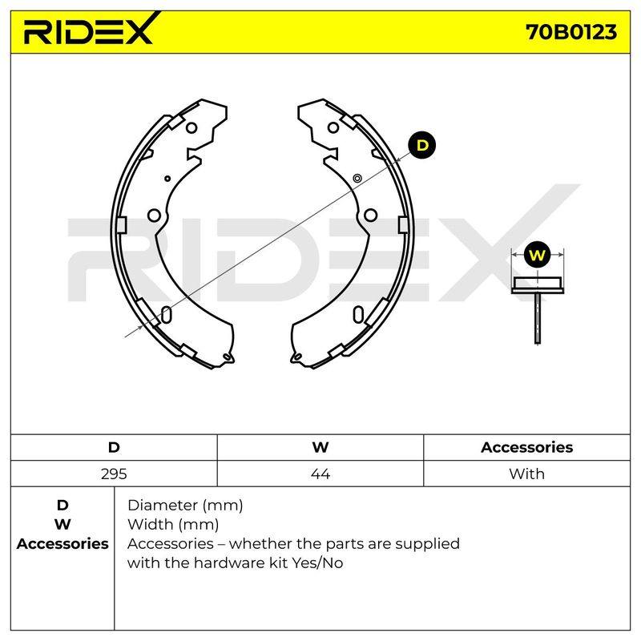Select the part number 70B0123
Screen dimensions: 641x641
click(570, 32)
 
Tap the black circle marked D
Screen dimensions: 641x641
click(422, 145)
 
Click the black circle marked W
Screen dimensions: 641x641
click(537, 255)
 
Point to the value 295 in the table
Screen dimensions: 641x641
click(114, 474)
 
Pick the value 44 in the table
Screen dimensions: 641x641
click(320, 474)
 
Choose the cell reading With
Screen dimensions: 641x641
click(526, 474)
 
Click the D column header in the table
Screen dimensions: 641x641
click(114, 447)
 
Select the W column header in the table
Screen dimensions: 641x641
click(320, 447)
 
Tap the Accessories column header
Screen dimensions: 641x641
click(526, 447)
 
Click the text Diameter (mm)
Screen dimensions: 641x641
click(185, 506)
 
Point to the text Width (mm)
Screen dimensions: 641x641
click(173, 525)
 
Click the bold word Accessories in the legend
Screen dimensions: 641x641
click(62, 544)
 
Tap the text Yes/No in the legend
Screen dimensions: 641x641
click(317, 563)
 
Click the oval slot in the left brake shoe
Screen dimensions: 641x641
click(166, 314)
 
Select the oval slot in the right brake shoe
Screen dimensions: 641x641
click(358, 314)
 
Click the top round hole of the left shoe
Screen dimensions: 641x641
click(191, 128)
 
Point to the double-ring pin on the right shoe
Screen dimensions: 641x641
click(357, 178)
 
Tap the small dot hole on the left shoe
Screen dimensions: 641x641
click(167, 179)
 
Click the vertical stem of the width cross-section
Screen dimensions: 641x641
click(537, 318)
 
